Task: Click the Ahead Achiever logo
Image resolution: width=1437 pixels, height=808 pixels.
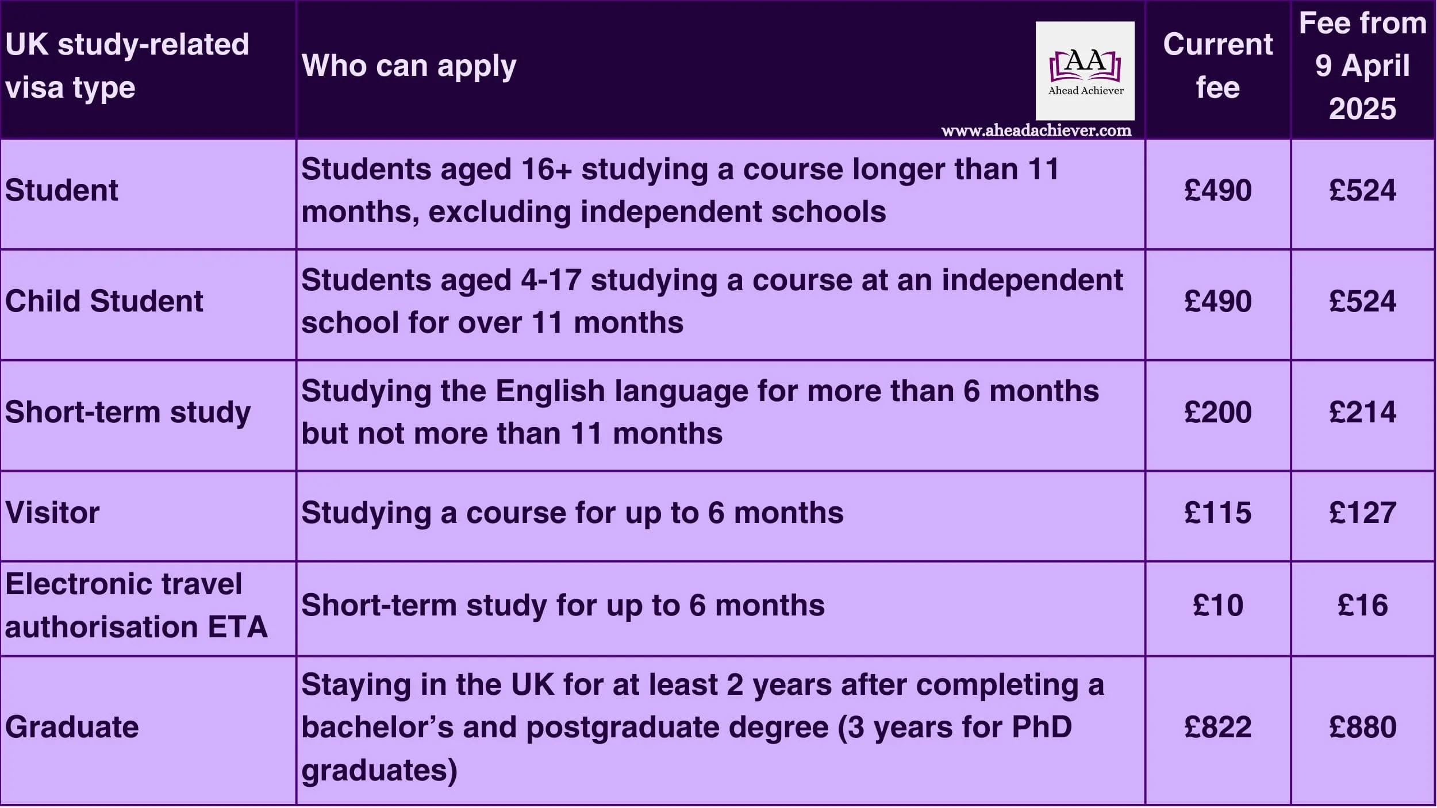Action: pyautogui.click(x=1085, y=71)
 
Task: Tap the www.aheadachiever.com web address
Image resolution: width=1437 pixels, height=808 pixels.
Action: pyautogui.click(x=1036, y=131)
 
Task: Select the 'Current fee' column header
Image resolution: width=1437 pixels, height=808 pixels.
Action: pyautogui.click(x=1217, y=66)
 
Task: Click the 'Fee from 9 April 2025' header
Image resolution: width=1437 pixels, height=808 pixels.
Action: pyautogui.click(x=1362, y=66)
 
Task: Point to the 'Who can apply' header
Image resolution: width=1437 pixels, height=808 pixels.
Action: pyautogui.click(x=409, y=66)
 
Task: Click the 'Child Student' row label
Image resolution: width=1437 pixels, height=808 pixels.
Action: pyautogui.click(x=104, y=301)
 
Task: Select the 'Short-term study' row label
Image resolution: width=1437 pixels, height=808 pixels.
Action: pyautogui.click(x=128, y=412)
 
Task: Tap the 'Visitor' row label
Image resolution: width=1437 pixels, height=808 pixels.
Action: pyautogui.click(x=52, y=513)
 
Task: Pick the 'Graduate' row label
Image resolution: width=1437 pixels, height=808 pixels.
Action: pyautogui.click(x=72, y=727)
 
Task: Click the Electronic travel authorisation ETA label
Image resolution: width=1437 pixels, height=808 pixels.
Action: pyautogui.click(x=136, y=605)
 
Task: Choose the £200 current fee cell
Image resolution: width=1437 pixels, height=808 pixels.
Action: pyautogui.click(x=1217, y=412)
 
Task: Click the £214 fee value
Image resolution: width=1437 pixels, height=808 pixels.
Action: pyautogui.click(x=1362, y=412)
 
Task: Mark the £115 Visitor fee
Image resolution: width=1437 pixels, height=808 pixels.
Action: pyautogui.click(x=1217, y=513)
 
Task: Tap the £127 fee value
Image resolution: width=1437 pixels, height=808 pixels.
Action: pyautogui.click(x=1362, y=513)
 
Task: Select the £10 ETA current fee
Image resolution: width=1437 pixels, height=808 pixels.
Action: pyautogui.click(x=1217, y=605)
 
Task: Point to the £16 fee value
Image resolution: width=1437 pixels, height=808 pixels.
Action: pyautogui.click(x=1362, y=605)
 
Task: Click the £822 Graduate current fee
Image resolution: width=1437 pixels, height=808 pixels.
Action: pyautogui.click(x=1217, y=727)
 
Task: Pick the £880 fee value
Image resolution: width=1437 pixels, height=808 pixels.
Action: pyautogui.click(x=1362, y=727)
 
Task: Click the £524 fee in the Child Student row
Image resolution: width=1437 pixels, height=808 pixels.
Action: pyautogui.click(x=1362, y=301)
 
